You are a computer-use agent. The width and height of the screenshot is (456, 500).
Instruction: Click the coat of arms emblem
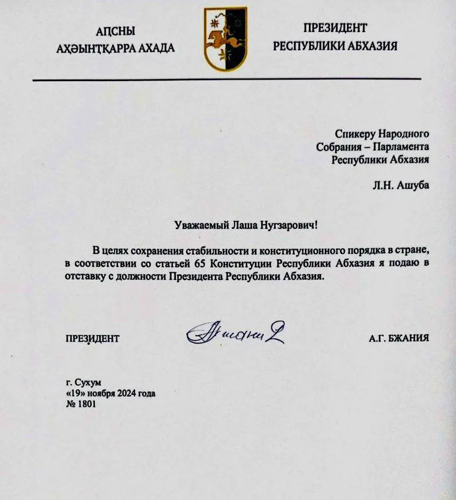point(226,39)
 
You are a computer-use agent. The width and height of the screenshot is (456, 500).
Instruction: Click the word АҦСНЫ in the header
point(116,30)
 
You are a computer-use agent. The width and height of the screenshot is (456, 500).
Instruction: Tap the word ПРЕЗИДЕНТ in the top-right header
point(335,28)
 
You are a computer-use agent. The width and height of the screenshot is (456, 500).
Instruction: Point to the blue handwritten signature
point(235,335)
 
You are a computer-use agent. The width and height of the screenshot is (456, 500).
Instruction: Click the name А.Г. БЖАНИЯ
point(398,338)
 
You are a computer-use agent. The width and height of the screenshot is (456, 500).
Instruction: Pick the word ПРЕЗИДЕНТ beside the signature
point(92,338)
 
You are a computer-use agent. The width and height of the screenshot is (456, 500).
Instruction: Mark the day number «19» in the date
point(71,394)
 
